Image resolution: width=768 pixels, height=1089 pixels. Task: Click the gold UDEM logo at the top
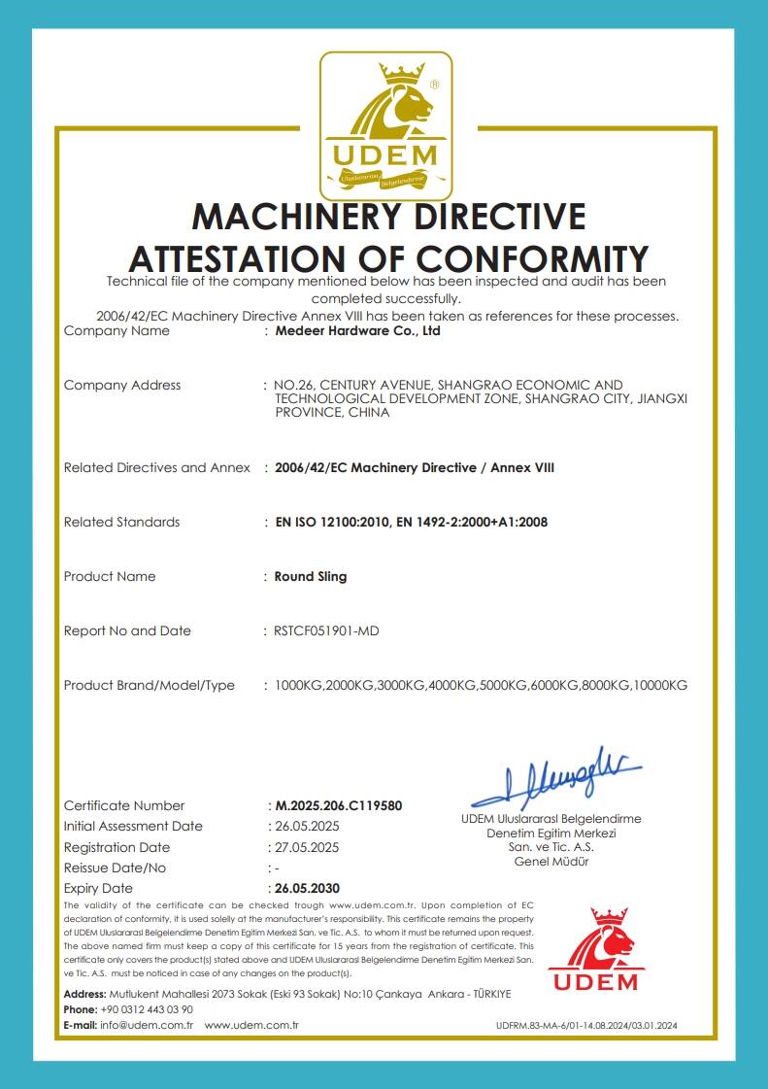(x=385, y=123)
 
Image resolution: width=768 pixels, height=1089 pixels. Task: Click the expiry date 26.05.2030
(x=307, y=888)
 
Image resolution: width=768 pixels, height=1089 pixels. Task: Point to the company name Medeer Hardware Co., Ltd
(x=357, y=330)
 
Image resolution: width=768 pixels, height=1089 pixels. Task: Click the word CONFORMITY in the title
(x=532, y=258)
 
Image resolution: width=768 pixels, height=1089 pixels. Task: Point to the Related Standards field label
(x=121, y=522)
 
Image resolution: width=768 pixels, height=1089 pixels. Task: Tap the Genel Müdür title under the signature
(x=551, y=861)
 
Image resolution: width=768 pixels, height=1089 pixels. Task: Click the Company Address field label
(x=121, y=385)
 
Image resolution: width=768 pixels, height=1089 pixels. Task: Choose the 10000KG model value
(x=660, y=685)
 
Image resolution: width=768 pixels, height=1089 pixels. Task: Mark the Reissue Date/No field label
(x=115, y=868)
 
